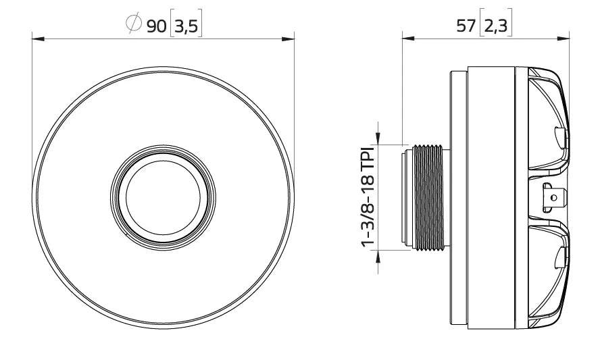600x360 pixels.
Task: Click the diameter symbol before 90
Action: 133,25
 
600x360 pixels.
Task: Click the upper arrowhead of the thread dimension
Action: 378,138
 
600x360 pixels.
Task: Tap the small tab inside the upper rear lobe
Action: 560,138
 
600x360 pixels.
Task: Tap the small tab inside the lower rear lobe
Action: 560,257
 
